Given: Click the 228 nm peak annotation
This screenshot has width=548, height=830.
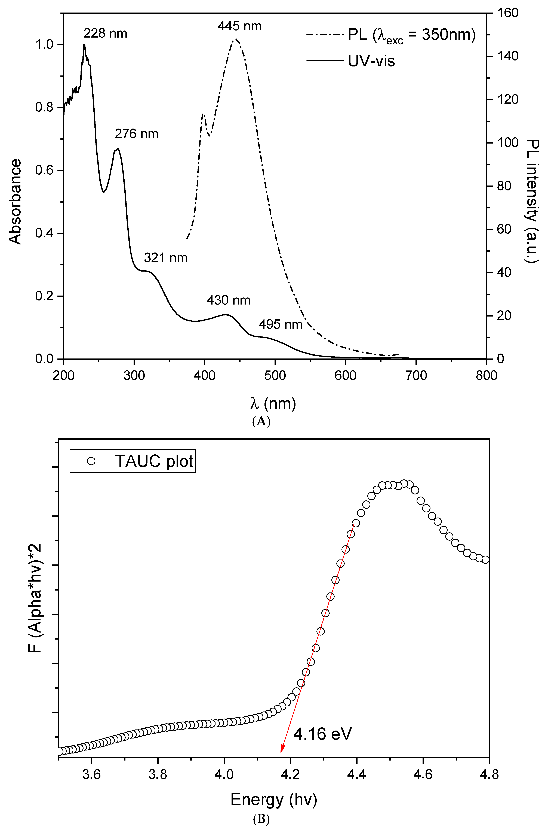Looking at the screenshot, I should (105, 34).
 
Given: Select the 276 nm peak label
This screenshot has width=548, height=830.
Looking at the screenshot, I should (137, 134).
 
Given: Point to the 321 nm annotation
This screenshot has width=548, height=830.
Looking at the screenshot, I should (166, 258).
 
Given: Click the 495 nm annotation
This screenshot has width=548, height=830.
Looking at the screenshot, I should (280, 325).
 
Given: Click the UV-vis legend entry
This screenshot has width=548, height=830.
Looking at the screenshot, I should (371, 61).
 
